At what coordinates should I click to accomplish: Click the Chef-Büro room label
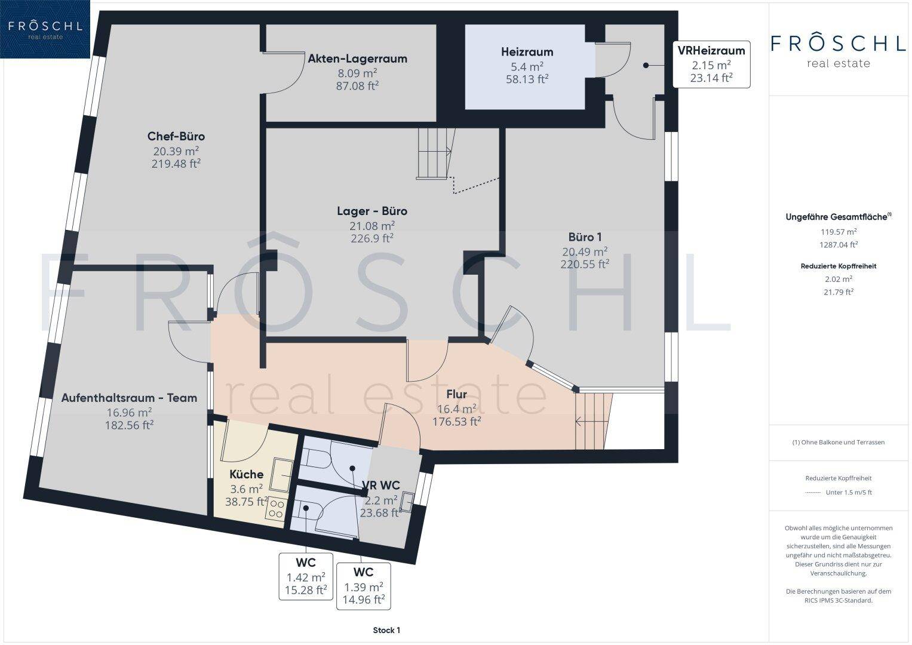click(176, 136)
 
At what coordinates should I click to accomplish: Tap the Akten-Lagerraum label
click(358, 59)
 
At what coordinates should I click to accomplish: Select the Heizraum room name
click(527, 52)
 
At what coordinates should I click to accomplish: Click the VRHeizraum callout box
click(711, 64)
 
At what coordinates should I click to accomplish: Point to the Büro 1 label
click(585, 237)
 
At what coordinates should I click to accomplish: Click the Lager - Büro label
click(372, 211)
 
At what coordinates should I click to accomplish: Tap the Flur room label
click(456, 394)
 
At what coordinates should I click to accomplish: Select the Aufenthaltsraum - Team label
click(129, 398)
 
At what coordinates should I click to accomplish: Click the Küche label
click(246, 474)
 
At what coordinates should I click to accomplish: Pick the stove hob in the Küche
click(276, 509)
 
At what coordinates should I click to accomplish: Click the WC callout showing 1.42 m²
click(306, 576)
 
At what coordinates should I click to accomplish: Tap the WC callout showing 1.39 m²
click(364, 586)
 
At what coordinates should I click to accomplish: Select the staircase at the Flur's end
click(593, 421)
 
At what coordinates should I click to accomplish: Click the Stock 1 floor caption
click(386, 630)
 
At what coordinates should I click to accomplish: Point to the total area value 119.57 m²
click(839, 232)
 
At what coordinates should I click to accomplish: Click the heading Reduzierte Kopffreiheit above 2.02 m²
click(839, 266)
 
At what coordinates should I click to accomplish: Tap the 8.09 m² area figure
click(357, 73)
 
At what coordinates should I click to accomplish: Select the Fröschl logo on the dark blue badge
click(45, 29)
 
